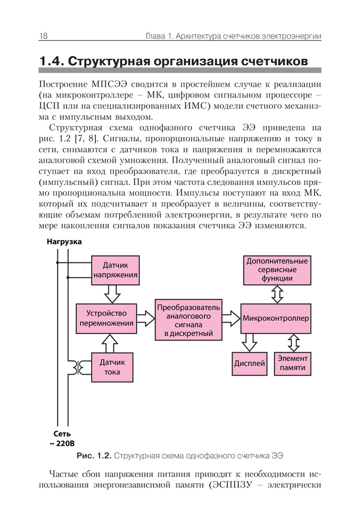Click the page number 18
pos(43,36)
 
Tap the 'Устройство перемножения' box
pos(106,318)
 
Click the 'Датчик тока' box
pos(112,367)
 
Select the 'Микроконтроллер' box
pos(276,318)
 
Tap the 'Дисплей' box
pos(249,364)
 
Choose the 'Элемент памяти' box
pos(293,363)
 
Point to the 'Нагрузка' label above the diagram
pos(64,242)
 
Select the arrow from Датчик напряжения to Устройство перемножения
pos(113,292)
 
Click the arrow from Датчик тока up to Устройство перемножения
pos(111,343)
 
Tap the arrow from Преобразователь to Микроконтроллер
pos(230,318)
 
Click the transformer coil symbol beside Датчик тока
pos(83,367)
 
